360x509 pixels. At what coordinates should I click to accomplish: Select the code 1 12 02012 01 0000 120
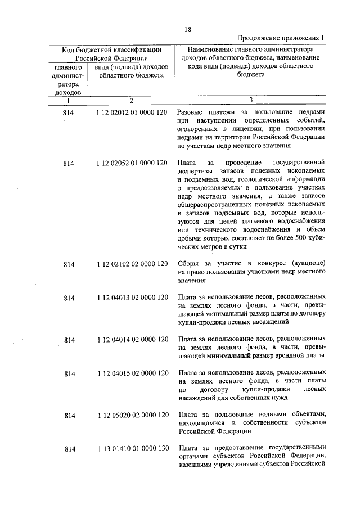click(132, 113)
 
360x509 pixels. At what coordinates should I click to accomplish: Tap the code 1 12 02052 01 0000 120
click(132, 163)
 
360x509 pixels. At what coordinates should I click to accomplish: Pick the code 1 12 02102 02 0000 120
click(132, 264)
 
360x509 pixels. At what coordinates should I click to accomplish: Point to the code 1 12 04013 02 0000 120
click(132, 297)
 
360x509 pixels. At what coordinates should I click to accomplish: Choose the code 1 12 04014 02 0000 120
click(132, 340)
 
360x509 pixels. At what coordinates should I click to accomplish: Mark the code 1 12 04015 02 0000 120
click(132, 373)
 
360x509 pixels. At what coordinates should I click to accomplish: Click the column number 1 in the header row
click(68, 101)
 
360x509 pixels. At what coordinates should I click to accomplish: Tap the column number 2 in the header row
click(131, 101)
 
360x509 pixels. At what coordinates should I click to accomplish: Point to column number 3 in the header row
click(251, 101)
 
